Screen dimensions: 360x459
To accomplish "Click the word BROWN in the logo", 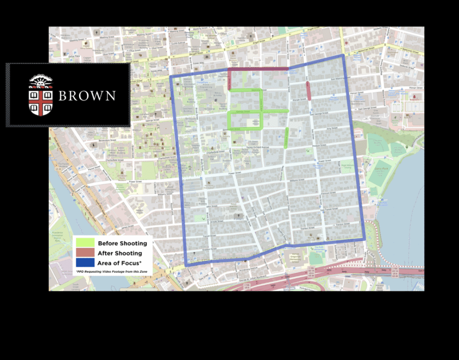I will [x=87, y=95].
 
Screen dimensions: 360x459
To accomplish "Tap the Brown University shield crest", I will [x=40, y=95].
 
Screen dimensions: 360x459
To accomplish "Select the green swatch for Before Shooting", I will [x=85, y=243].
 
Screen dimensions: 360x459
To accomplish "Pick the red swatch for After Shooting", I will [x=85, y=253].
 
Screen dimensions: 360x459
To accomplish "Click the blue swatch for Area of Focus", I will [x=85, y=263].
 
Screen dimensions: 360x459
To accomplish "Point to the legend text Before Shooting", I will [x=122, y=243].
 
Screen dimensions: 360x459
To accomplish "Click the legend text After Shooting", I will [x=119, y=253].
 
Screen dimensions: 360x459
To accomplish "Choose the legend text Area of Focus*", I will [x=120, y=263].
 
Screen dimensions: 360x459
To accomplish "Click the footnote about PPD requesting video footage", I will [x=112, y=271].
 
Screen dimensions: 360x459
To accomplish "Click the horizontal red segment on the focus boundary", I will [x=258, y=69].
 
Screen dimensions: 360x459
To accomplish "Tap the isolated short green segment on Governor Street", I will [x=287, y=137].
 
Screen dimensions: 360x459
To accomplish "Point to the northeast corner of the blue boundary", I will [x=343, y=56].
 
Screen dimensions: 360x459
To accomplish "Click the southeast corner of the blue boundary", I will [x=364, y=239].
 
